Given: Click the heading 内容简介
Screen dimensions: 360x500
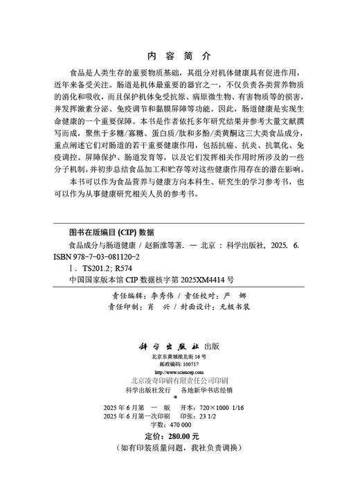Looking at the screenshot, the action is (x=180, y=55).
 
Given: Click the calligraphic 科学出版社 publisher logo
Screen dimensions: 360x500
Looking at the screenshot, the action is (x=168, y=345).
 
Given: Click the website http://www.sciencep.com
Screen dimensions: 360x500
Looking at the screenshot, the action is (x=179, y=372).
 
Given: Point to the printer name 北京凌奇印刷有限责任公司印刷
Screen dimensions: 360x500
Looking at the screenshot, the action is (x=179, y=381).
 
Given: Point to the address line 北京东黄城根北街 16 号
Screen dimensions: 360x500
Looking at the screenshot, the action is (x=179, y=356).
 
